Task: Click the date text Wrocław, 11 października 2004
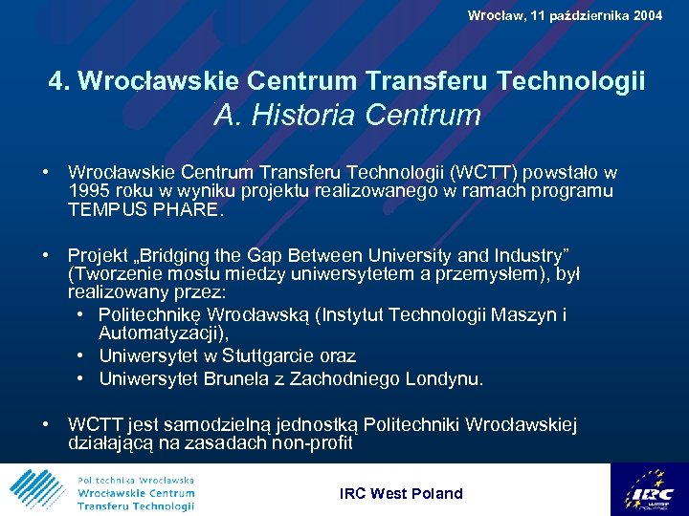coord(565,15)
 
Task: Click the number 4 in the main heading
coord(56,82)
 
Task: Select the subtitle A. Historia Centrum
coord(347,116)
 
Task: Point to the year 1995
coord(89,191)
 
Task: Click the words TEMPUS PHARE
coord(145,209)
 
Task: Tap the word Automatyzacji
coord(162,333)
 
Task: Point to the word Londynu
coord(445,379)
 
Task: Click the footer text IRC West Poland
coord(401,494)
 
